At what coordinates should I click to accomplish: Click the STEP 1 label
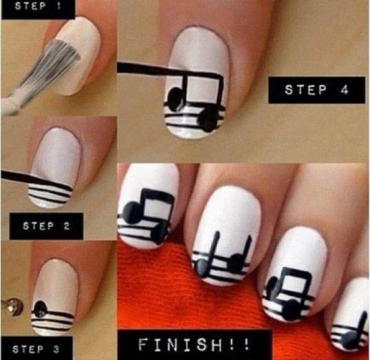[38, 6]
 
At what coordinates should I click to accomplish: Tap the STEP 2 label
[46, 226]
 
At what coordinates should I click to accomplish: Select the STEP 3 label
[36, 349]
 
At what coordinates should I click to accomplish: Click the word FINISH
[180, 344]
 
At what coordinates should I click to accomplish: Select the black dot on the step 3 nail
[41, 308]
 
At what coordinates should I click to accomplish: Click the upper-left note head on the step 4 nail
[175, 99]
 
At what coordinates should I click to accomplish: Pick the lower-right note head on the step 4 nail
[209, 120]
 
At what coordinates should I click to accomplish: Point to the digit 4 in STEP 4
[344, 90]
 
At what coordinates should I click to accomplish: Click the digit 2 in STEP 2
[66, 226]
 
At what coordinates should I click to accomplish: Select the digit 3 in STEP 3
[56, 349]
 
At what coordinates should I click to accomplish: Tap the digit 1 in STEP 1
[59, 6]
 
